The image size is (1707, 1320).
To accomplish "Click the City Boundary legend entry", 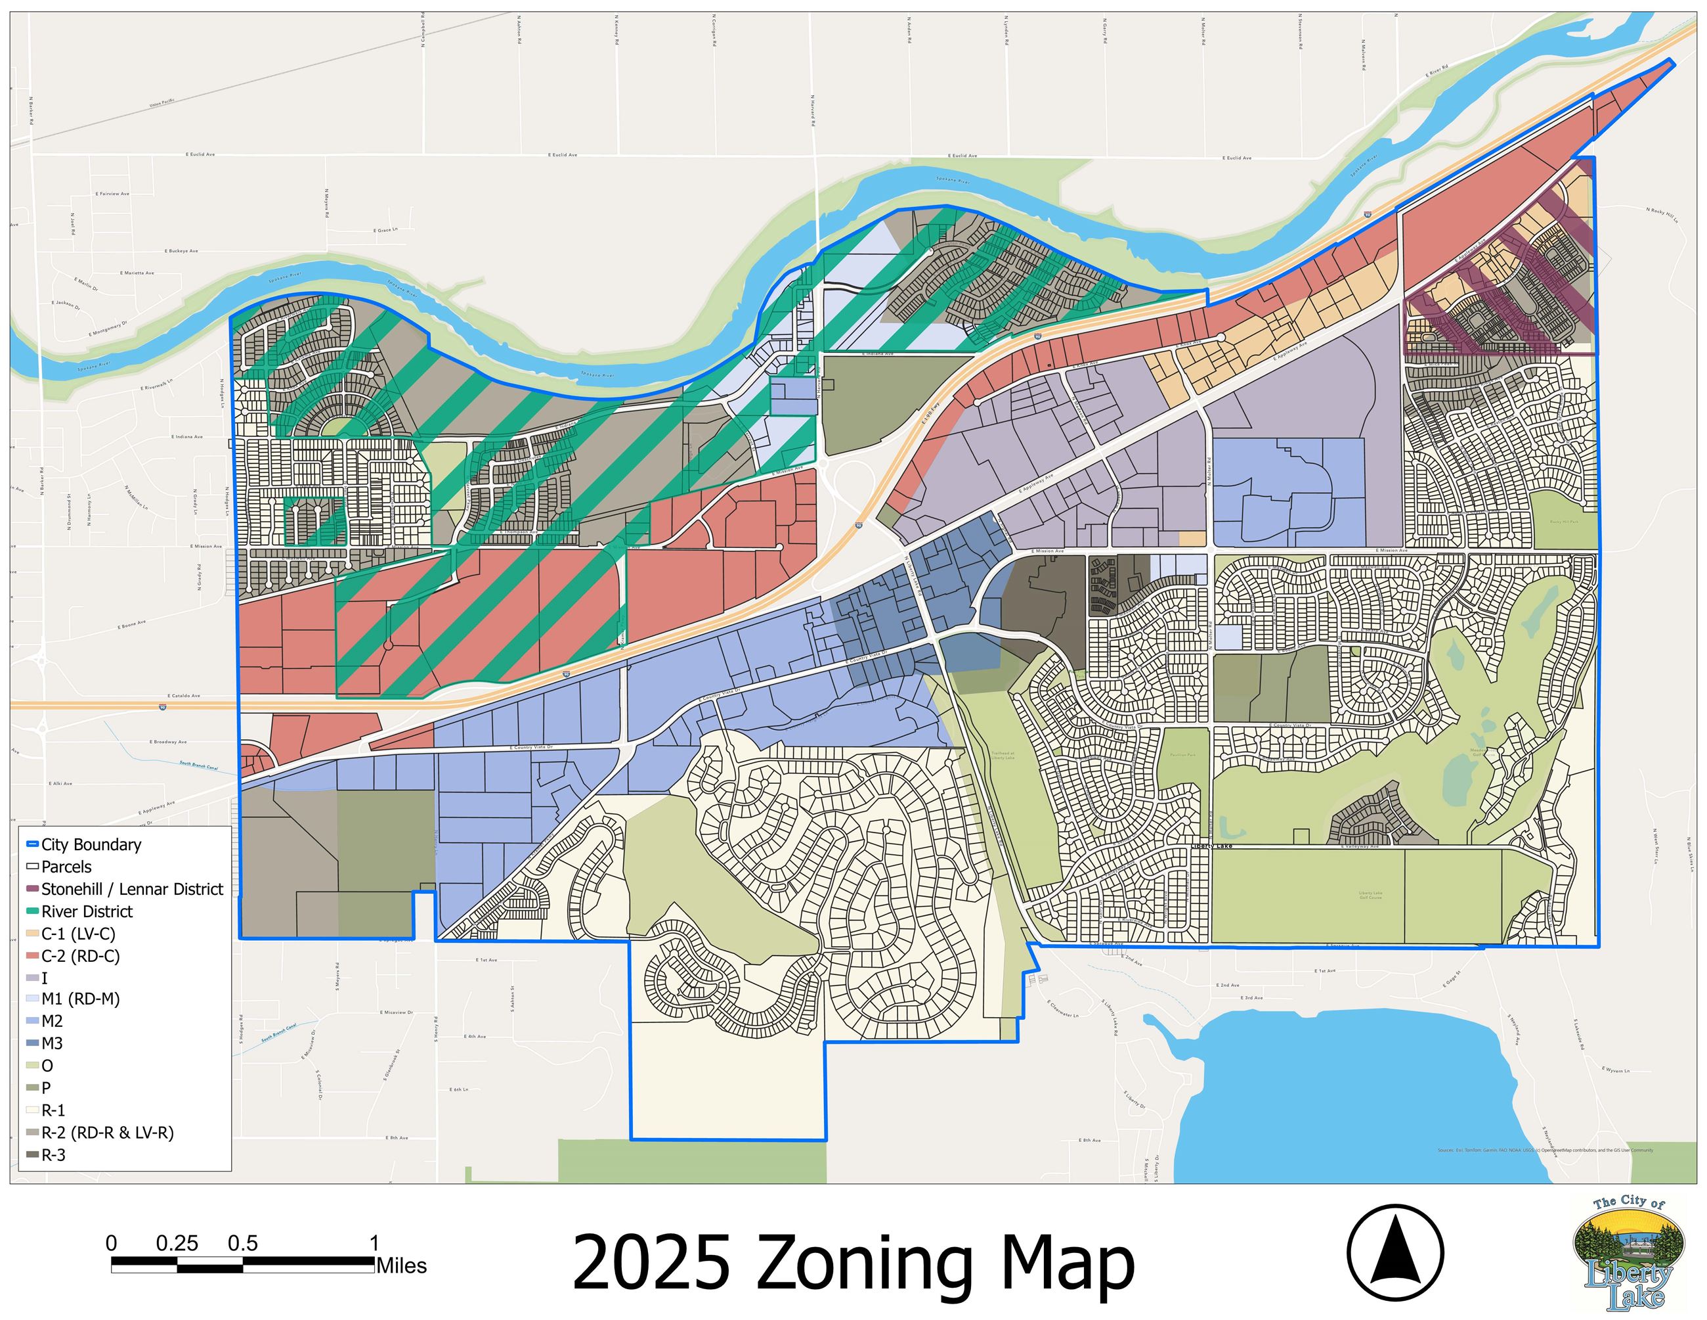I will point(91,844).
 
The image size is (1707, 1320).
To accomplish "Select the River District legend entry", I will point(87,911).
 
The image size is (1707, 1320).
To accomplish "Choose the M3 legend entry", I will point(52,1043).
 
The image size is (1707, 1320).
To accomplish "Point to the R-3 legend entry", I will point(53,1155).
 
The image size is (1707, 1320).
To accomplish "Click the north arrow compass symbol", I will point(1394,1253).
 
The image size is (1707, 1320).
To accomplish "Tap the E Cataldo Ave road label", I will point(184,695).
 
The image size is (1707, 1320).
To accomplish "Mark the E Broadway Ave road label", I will point(168,741).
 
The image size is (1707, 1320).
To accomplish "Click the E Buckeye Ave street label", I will point(181,251).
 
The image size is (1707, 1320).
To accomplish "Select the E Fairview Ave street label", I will point(112,193).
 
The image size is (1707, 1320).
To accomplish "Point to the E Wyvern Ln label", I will point(1616,1070).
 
